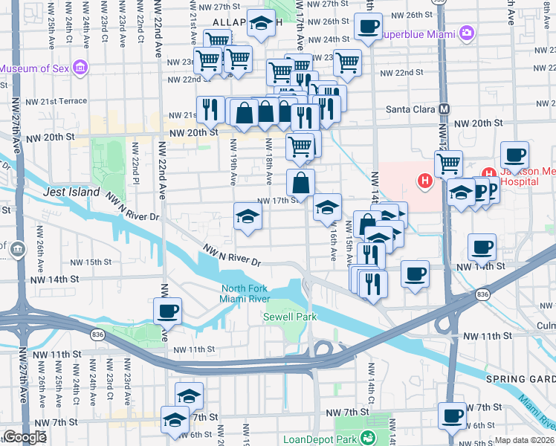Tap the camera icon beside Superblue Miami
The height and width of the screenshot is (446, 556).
tap(466, 33)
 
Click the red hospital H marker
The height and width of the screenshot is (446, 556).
tap(424, 180)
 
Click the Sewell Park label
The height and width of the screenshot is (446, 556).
tap(290, 317)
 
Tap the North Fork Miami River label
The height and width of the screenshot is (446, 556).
tap(244, 294)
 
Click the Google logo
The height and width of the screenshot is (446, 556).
tap(24, 437)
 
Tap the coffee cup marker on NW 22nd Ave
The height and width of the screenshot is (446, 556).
tap(167, 311)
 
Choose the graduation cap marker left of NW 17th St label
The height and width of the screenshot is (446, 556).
tap(248, 216)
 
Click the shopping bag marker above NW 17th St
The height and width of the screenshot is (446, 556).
tap(301, 182)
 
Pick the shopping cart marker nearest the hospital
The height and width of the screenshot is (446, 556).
tap(448, 164)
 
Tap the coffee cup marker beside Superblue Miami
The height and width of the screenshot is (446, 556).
tap(366, 28)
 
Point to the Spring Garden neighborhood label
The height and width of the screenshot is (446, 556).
tap(520, 379)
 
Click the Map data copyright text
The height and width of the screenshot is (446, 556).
tap(524, 440)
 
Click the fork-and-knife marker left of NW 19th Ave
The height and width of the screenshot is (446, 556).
tap(210, 109)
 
